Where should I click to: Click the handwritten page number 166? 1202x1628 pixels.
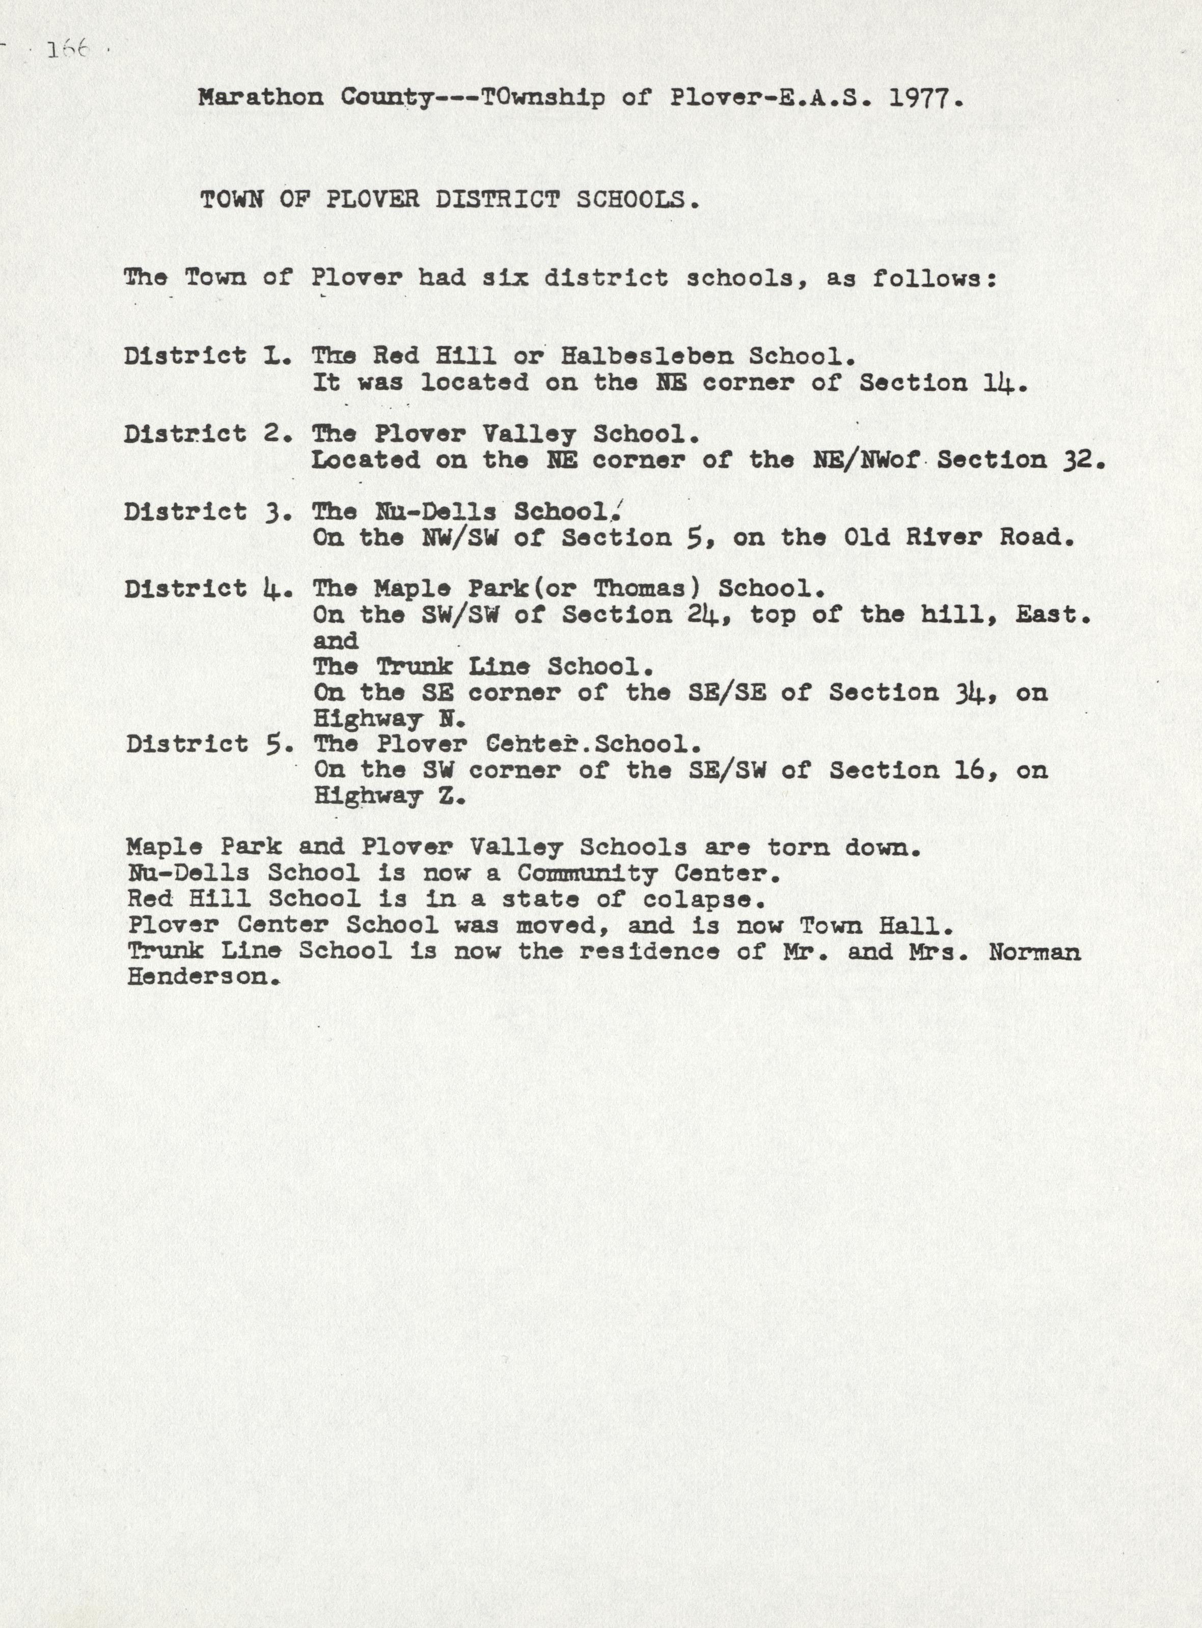tap(68, 51)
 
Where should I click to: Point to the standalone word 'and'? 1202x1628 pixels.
tap(336, 642)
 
